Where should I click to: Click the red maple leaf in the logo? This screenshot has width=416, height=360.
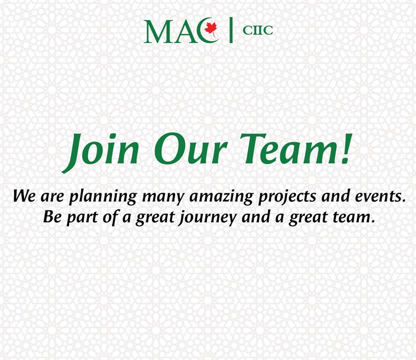tap(211, 29)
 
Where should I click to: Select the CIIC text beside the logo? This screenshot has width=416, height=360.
tap(257, 30)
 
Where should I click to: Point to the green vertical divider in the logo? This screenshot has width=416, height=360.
tap(231, 30)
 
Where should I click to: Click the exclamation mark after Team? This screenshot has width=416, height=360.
tap(346, 148)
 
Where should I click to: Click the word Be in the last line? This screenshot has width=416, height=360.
tap(52, 216)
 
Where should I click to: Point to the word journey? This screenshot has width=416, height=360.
tap(207, 218)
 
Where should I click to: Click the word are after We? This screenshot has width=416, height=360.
tap(52, 197)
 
